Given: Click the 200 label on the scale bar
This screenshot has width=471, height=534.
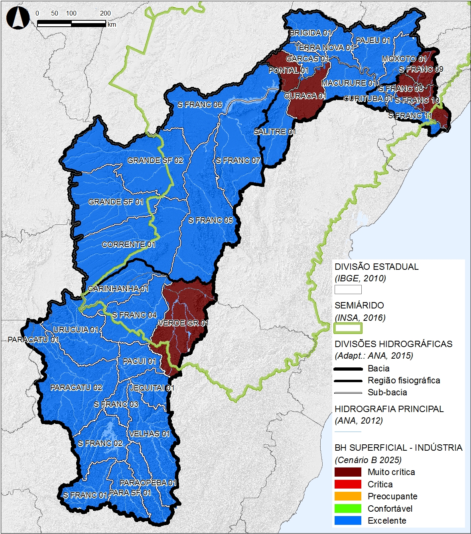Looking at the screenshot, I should click(x=105, y=13).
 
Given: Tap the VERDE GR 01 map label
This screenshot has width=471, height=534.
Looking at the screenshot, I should click(x=183, y=323).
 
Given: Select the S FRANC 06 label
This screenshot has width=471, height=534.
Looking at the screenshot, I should click(x=200, y=104).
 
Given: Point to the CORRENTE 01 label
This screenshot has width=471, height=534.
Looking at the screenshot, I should click(x=128, y=244).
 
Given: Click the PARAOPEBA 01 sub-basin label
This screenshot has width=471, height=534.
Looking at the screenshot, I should click(x=148, y=483).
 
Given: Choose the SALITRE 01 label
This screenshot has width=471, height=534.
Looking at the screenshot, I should click(x=274, y=132).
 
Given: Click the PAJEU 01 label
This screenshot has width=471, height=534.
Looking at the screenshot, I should click(x=373, y=40).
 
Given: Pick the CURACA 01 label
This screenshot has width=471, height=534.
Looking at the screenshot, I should click(x=305, y=96).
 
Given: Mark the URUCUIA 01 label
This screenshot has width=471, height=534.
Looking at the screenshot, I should click(x=76, y=330).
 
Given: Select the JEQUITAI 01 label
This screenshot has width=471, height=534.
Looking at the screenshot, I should click(x=152, y=388).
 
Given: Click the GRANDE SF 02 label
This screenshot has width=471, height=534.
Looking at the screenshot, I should click(x=155, y=160).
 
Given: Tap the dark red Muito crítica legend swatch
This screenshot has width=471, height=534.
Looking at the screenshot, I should click(x=348, y=472).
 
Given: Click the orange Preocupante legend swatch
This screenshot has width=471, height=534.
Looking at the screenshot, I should click(x=348, y=497).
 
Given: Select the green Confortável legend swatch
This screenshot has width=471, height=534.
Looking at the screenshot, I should click(x=348, y=508).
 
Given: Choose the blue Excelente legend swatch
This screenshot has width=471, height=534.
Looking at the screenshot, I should click(x=348, y=520).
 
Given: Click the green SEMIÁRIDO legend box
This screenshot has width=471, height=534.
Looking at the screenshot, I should click(x=348, y=328).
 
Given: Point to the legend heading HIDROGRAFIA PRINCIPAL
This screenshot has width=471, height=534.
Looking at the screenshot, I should click(x=389, y=409).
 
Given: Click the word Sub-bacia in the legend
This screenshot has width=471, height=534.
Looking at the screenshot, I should click(x=387, y=393).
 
